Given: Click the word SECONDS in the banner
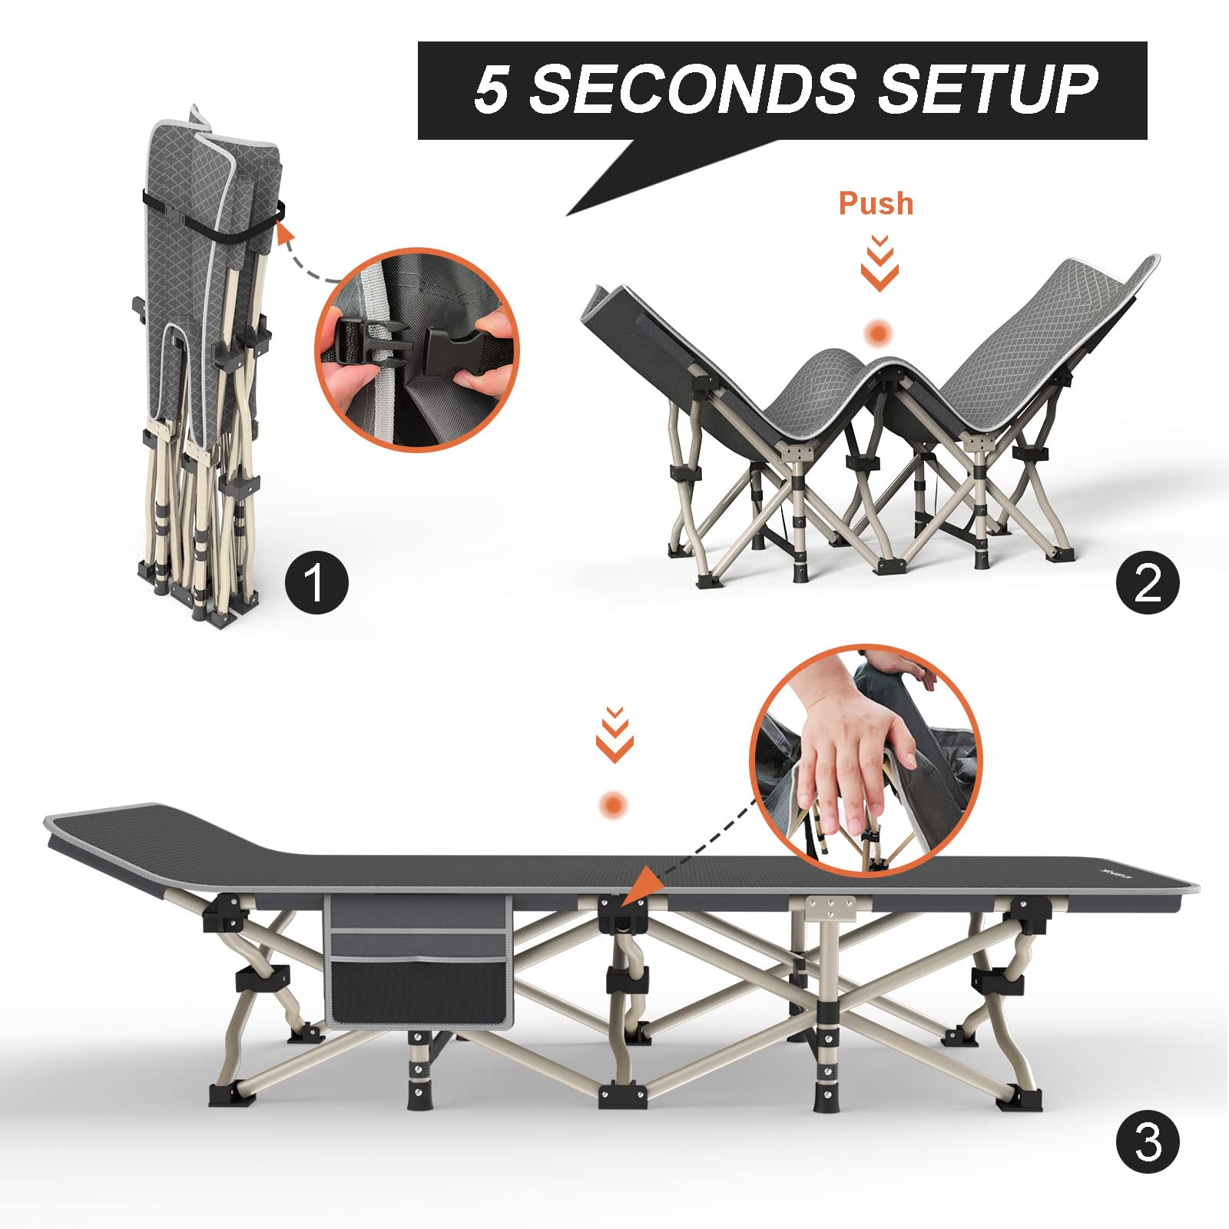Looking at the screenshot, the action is pyautogui.click(x=692, y=89).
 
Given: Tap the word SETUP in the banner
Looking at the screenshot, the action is pyautogui.click(x=988, y=89).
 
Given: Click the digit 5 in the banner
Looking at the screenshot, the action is pyautogui.click(x=492, y=89).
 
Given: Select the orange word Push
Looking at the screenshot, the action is pyautogui.click(x=876, y=204).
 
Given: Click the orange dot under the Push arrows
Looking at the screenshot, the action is pyautogui.click(x=878, y=333).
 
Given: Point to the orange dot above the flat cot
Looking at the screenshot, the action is pyautogui.click(x=613, y=806).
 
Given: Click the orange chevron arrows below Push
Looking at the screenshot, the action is pyautogui.click(x=880, y=263).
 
